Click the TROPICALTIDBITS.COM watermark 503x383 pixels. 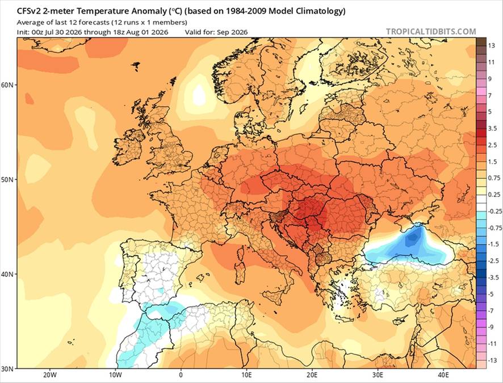(x=431, y=31)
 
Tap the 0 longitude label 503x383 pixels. (x=181, y=375)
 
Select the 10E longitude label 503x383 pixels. (x=246, y=375)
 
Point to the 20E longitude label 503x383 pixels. (x=312, y=375)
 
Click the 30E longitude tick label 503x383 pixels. (x=378, y=375)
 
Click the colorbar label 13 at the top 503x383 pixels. (x=492, y=46)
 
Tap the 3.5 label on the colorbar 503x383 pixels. (x=492, y=129)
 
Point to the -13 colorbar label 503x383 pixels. (x=493, y=360)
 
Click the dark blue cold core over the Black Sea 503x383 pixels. (x=413, y=238)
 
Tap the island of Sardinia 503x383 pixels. (x=240, y=273)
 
